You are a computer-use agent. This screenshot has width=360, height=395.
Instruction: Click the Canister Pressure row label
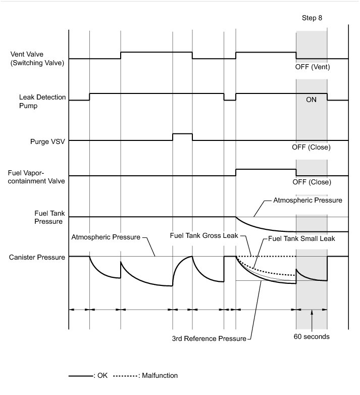tap(37, 258)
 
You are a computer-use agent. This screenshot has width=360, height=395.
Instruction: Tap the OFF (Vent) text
tap(312, 67)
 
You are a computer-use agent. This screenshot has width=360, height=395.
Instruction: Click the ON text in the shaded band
tap(311, 100)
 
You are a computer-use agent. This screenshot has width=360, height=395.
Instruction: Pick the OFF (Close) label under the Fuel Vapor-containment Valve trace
tap(312, 182)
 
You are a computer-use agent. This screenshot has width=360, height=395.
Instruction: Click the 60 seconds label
tap(312, 336)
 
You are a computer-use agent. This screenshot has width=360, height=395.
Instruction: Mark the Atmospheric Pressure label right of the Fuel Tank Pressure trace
tap(307, 200)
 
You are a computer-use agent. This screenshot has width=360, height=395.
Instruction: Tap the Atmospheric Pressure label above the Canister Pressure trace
tap(106, 236)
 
